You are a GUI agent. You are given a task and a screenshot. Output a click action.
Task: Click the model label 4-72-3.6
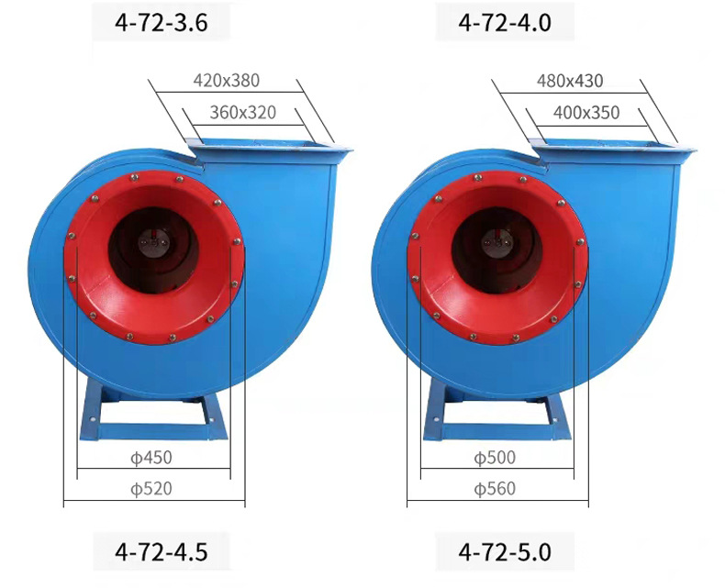(162, 23)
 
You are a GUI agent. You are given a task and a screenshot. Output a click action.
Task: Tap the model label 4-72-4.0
(505, 23)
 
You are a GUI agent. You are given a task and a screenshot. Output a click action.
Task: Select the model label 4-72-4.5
(162, 551)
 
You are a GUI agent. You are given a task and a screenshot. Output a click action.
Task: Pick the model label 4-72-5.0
(505, 551)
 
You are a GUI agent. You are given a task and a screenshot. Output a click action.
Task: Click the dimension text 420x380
(226, 81)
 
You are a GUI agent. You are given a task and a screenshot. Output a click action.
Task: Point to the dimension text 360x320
(243, 112)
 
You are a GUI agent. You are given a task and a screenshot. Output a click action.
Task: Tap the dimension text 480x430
(570, 81)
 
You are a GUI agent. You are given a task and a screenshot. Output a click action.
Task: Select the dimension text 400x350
(586, 112)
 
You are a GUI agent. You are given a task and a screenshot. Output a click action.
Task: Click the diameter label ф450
(151, 458)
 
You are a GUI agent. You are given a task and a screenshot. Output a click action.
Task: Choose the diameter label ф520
(151, 489)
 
